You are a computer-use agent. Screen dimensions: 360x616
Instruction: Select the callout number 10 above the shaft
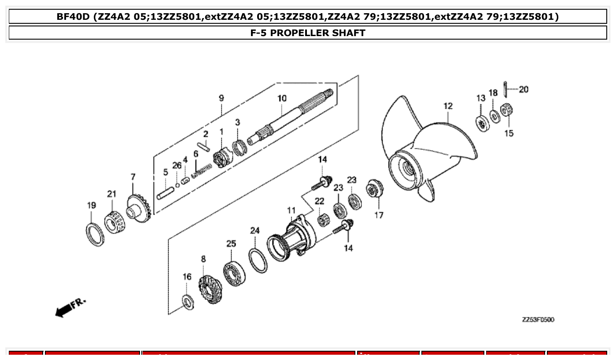pyautogui.click(x=282, y=99)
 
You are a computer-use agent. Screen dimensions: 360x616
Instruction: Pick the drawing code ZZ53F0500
pyautogui.click(x=538, y=320)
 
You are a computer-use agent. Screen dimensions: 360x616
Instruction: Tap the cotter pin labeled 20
pyautogui.click(x=506, y=89)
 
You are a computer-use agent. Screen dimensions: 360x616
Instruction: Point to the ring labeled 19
pyautogui.click(x=95, y=234)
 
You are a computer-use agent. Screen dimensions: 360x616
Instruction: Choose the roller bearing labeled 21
pyautogui.click(x=115, y=222)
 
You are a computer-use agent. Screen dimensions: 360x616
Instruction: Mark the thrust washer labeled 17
pyautogui.click(x=375, y=190)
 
